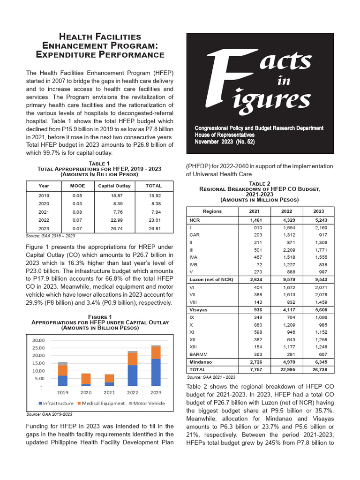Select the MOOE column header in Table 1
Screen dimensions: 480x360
point(77,186)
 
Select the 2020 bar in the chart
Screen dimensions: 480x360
point(86,379)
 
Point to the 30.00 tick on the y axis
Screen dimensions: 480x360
point(38,340)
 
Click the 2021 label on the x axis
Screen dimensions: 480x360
point(109,392)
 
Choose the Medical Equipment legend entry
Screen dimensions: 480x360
point(102,403)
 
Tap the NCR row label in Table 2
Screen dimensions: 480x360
point(194,219)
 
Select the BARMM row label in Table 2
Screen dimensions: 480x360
point(198,354)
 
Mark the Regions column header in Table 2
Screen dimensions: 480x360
point(212,211)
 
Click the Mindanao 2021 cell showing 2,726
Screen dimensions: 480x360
point(256,362)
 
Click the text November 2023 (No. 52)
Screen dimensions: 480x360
point(225,141)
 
